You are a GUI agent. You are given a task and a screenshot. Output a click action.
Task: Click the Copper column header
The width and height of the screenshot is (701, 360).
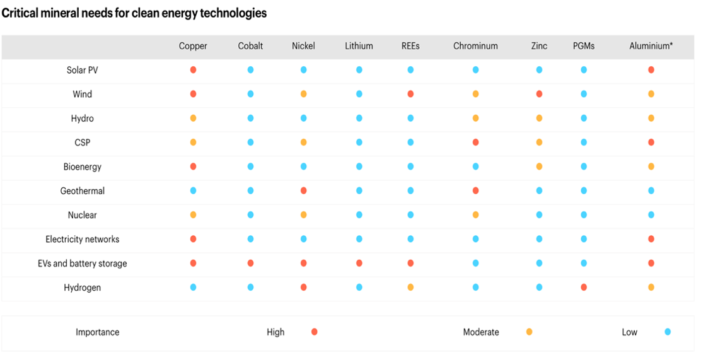point(193,46)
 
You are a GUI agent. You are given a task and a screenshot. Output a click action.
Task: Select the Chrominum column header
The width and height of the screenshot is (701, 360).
point(475,46)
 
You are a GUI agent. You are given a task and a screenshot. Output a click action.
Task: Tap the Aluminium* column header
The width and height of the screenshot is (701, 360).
point(651,46)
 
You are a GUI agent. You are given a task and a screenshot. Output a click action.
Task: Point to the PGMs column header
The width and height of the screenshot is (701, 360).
point(583,46)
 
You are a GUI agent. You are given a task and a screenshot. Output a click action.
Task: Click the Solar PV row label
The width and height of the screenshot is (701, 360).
point(82,70)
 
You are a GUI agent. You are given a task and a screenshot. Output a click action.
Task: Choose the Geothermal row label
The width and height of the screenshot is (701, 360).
point(82,191)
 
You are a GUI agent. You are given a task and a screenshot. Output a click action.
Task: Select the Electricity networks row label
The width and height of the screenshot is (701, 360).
point(82,239)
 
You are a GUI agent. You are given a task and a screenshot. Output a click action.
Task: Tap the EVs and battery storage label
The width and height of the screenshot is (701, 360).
point(82,264)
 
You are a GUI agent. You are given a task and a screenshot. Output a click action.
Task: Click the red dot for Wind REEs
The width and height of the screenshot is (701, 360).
point(410,94)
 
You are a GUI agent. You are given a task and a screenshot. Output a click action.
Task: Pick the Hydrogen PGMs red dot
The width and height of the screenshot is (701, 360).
point(583,287)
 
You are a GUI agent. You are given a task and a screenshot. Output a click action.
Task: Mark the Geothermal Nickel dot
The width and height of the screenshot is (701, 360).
point(304,190)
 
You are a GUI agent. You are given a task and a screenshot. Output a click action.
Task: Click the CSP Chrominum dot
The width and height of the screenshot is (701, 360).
point(475,142)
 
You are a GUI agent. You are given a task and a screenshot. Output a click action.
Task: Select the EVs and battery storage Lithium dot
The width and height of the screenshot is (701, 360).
point(359,263)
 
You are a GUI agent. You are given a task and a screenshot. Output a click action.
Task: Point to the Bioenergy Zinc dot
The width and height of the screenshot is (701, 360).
point(539,166)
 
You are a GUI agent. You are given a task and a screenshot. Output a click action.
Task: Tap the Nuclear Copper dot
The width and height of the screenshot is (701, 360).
point(193,214)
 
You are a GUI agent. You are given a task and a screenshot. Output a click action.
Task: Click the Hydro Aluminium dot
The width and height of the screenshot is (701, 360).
point(651,118)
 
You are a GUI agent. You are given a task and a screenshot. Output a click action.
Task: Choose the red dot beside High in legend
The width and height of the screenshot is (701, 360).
point(315,332)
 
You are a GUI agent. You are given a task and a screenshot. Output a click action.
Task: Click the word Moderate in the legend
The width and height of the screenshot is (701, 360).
point(481,332)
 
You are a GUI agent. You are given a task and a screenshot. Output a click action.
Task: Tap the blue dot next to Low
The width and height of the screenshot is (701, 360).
point(668,332)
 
